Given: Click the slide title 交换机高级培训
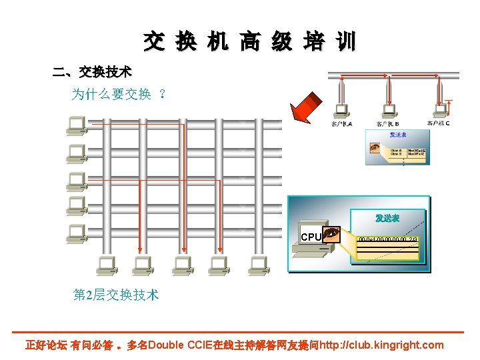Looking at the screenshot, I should [249, 42].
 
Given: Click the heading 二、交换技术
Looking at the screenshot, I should [92, 71].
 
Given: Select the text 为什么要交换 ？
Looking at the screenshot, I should [119, 95].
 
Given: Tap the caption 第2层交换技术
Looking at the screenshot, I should [116, 294].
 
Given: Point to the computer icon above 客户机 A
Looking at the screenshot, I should [341, 111].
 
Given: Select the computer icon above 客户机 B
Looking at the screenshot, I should [387, 111].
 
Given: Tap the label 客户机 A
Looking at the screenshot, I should [341, 123].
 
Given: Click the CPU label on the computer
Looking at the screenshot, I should [311, 237].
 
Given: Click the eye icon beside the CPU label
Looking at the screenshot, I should [331, 234].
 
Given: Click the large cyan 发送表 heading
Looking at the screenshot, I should [387, 218].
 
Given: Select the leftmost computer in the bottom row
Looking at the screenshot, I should [105, 265].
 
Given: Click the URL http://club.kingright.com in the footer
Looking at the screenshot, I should [381, 345].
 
